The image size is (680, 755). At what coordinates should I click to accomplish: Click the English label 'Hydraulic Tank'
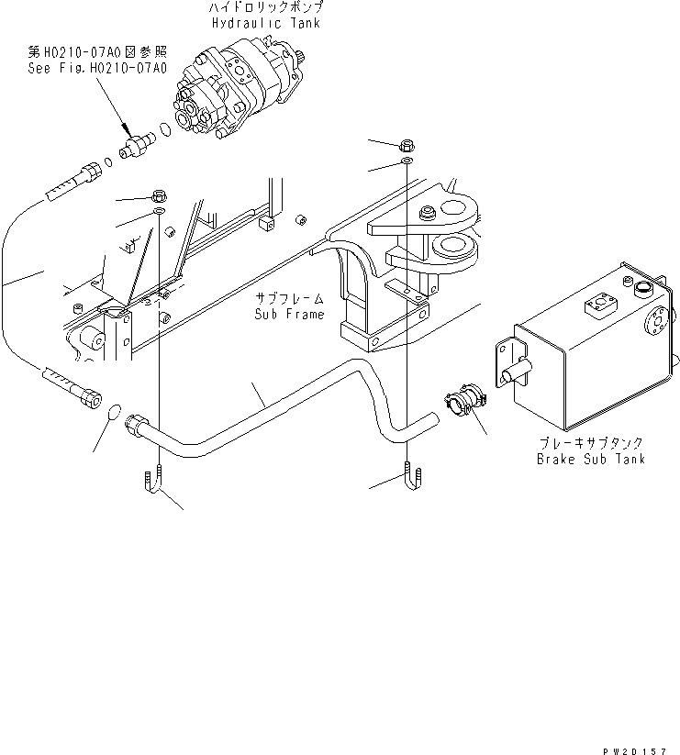tap(264, 23)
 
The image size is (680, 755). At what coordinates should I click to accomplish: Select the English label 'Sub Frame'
tap(290, 315)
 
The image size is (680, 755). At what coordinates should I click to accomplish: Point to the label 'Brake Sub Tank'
tap(590, 459)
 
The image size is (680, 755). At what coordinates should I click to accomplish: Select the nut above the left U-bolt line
tap(158, 195)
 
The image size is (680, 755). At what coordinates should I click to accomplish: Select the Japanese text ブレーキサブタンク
tap(590, 442)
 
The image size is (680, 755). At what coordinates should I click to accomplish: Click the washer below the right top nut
tap(406, 162)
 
